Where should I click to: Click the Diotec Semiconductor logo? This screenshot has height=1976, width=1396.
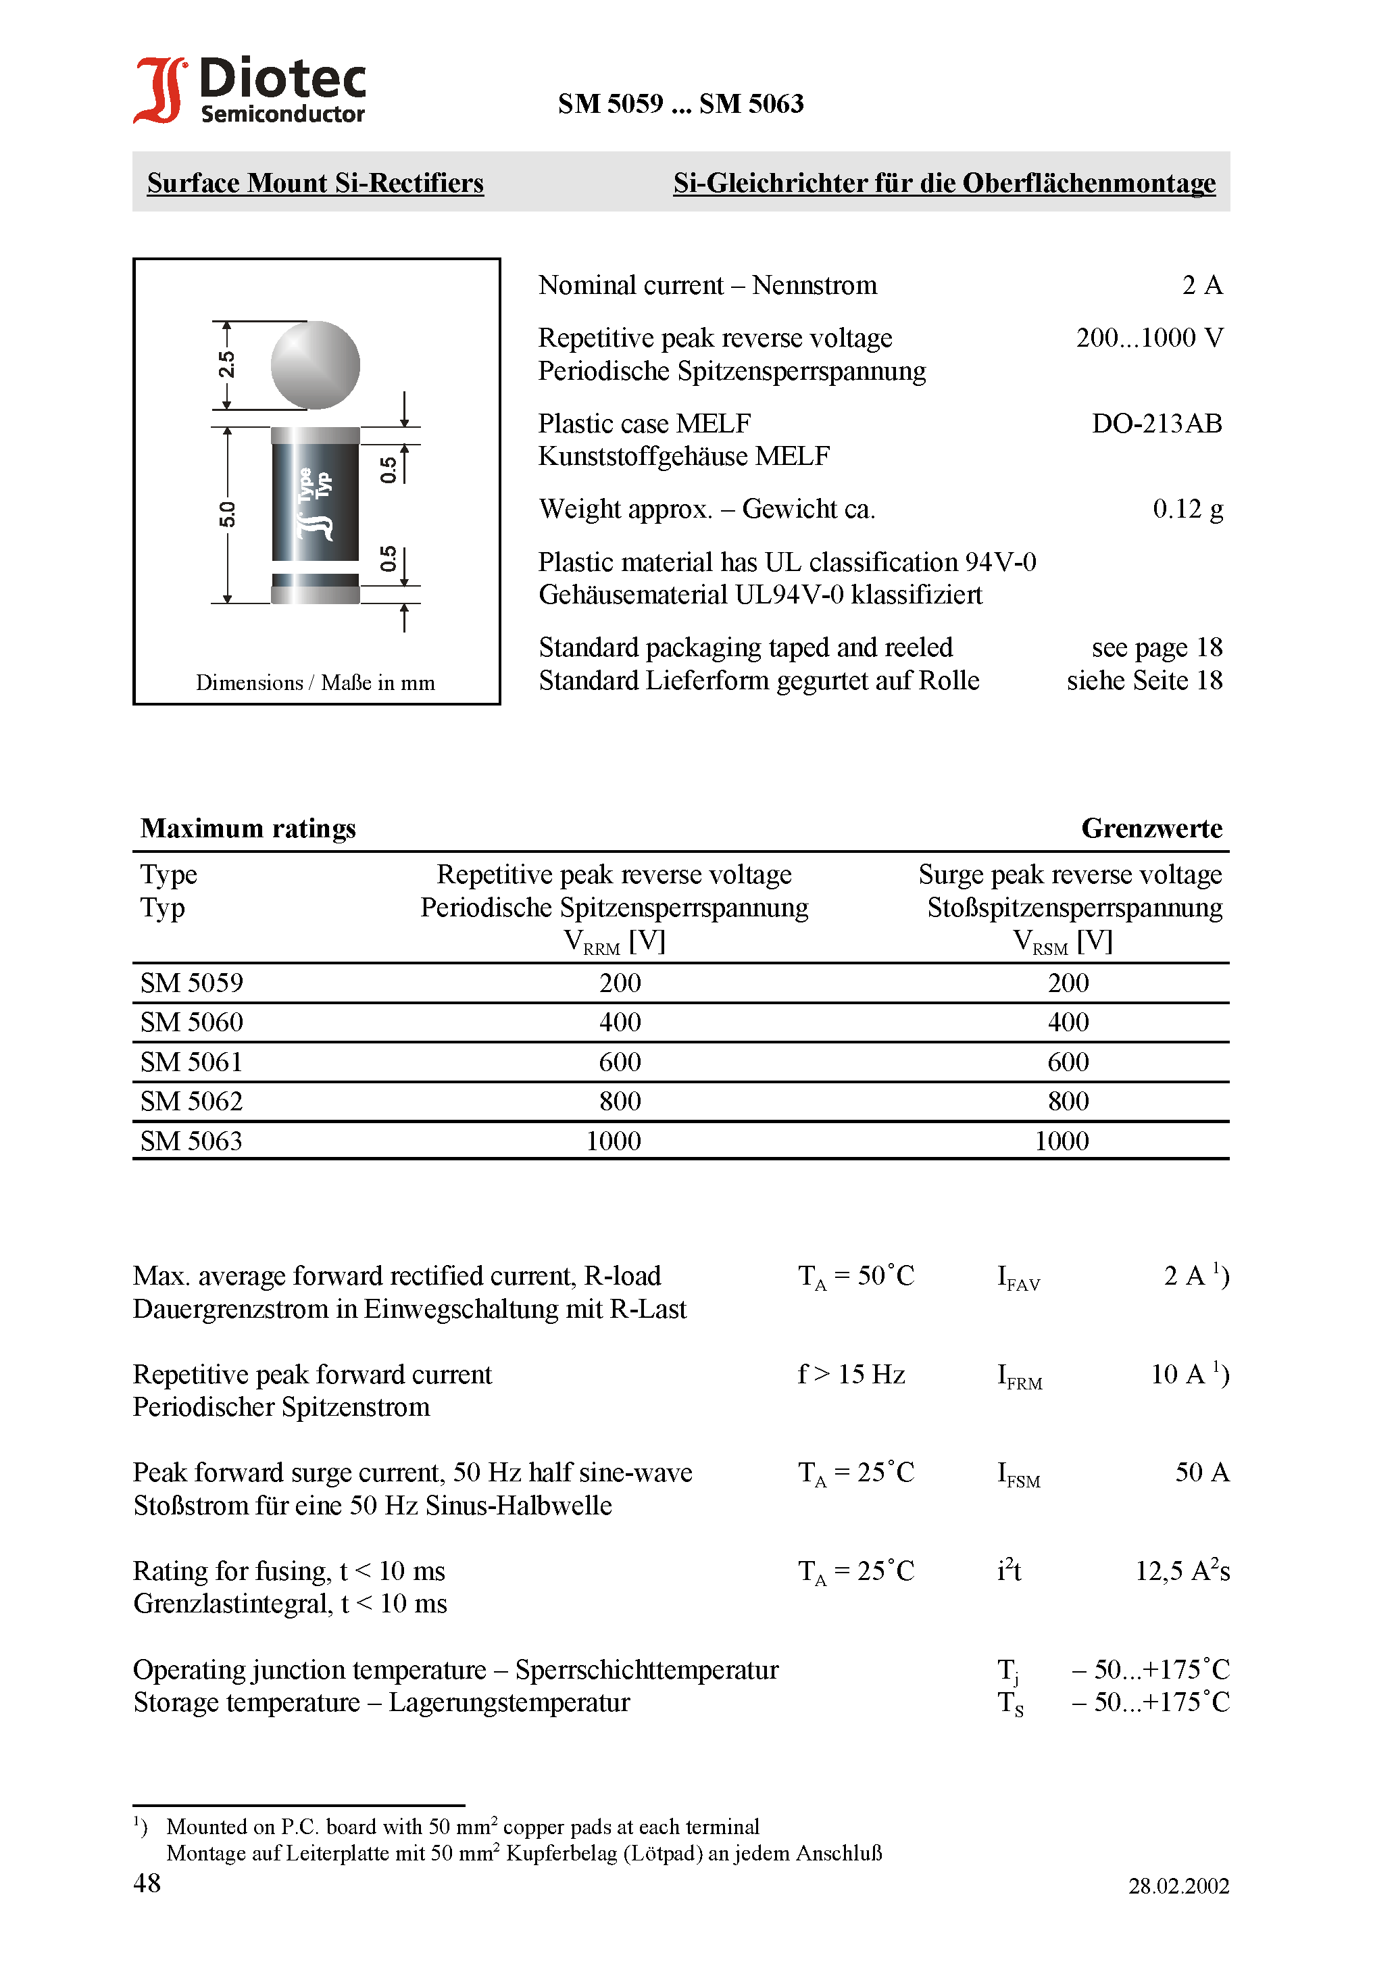tap(249, 91)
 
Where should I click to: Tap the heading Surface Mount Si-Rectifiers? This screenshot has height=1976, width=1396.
tap(315, 183)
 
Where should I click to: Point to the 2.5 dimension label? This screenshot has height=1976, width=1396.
tap(226, 365)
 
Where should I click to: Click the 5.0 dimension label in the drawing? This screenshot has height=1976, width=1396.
tap(226, 515)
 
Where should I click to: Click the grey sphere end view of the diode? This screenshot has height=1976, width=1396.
tap(315, 365)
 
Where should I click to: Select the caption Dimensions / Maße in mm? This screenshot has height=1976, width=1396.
tap(315, 683)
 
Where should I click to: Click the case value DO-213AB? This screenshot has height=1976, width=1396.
tap(1156, 424)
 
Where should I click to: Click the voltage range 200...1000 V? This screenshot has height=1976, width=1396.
tap(1149, 337)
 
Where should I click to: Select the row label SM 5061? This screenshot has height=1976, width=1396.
tap(192, 1062)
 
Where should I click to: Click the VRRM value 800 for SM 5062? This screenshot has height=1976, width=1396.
tap(620, 1102)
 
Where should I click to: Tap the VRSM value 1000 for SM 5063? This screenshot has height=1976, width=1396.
tap(1062, 1141)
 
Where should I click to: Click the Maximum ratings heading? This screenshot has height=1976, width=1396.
tap(248, 828)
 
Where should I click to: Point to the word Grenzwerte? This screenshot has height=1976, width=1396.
tap(1151, 828)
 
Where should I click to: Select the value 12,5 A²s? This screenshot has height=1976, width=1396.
tap(1182, 1571)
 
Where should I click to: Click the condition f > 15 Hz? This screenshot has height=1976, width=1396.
tap(851, 1375)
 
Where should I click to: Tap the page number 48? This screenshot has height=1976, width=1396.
tap(147, 1883)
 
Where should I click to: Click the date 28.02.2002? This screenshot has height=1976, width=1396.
tap(1178, 1885)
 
